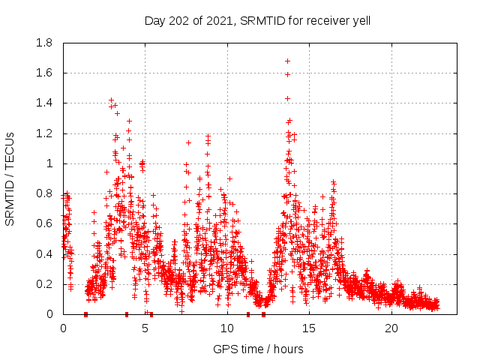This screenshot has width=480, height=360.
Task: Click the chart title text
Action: [x=257, y=20]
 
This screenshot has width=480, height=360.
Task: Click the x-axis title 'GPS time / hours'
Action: [x=258, y=349]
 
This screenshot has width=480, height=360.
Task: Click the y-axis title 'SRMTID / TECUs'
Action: [x=10, y=178]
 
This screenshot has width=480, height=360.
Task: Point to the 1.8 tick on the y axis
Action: [x=44, y=43]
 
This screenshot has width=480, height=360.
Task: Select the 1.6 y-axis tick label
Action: [x=44, y=73]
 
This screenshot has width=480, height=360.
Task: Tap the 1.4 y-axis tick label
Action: [x=44, y=103]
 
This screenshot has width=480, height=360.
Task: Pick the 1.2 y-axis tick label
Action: [x=44, y=133]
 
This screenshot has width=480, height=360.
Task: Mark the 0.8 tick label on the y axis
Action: [x=44, y=193]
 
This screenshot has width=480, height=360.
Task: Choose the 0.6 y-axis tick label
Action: [x=44, y=223]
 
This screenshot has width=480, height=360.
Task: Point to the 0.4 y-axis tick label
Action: [x=44, y=254]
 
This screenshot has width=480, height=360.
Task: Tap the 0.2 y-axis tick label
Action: [x=44, y=284]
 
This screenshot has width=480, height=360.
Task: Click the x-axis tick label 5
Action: [x=145, y=328]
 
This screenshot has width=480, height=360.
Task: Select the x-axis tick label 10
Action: [x=227, y=328]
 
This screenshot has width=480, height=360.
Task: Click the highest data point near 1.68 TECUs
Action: [x=287, y=61]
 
